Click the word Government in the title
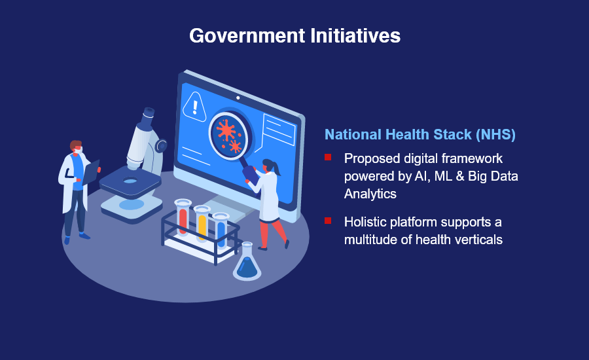click(247, 36)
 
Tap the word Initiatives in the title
click(355, 36)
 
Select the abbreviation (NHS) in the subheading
click(495, 135)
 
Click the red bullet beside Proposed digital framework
click(328, 157)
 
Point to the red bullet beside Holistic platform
click(328, 221)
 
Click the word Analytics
click(370, 194)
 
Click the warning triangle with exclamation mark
click(194, 107)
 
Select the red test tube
click(183, 217)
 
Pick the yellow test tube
click(202, 223)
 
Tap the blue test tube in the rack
click(221, 230)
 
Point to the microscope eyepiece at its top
click(149, 113)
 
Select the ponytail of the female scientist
click(277, 168)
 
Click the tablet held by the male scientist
click(91, 173)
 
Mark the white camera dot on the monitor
click(238, 98)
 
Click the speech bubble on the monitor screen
click(279, 130)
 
